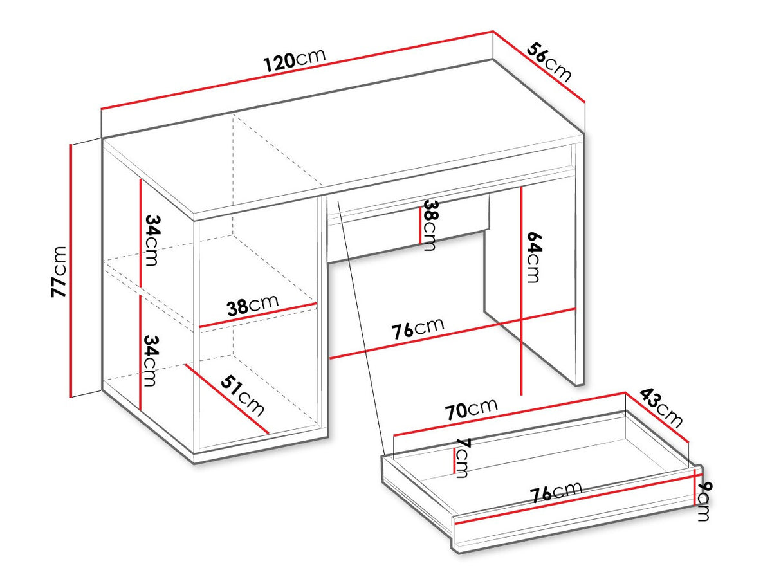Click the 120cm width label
[x=294, y=60]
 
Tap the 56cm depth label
[x=549, y=62]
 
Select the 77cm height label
[x=59, y=272]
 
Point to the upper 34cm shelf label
[x=151, y=240]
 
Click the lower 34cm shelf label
[x=151, y=361]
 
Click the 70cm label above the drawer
[x=471, y=409]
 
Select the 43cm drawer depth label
[x=661, y=408]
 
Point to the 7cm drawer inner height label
[x=462, y=457]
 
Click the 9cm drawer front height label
[x=703, y=502]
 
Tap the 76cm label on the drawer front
[x=556, y=491]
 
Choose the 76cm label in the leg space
[x=418, y=327]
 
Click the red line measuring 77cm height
[x=71, y=270]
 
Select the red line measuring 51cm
[x=227, y=399]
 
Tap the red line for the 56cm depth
[x=539, y=66]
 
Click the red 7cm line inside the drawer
[x=454, y=461]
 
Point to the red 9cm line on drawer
[x=694, y=486]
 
